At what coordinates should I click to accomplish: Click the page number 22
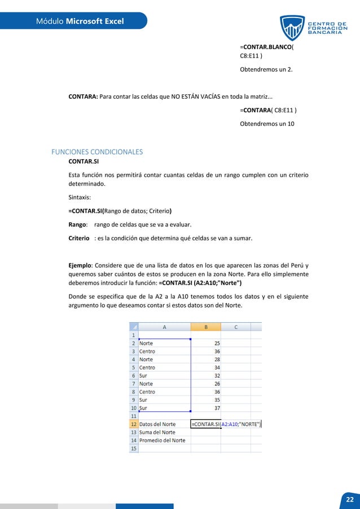pos(350,500)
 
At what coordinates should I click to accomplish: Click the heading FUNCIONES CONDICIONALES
pos(97,152)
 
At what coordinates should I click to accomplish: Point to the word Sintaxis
pos(81,198)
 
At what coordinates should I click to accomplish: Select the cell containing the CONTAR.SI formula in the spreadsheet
pos(226,424)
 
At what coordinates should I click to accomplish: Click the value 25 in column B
pos(217,343)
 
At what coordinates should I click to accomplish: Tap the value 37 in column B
pos(217,408)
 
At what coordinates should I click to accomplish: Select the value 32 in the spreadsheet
pos(217,375)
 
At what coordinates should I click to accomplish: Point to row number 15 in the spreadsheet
pos(134,448)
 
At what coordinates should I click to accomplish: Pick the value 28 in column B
pos(217,359)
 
